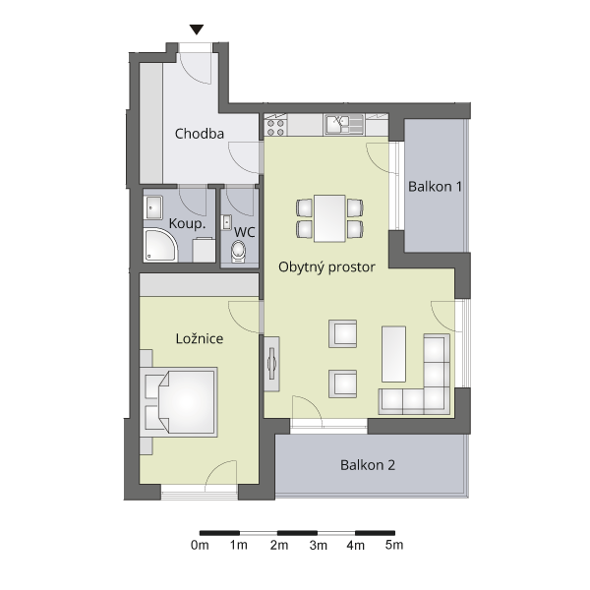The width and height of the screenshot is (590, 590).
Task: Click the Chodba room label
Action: (200, 134)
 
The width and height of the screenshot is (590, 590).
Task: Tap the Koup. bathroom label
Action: (187, 223)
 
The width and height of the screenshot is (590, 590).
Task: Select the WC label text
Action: (245, 232)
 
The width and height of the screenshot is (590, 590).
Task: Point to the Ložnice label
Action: (200, 338)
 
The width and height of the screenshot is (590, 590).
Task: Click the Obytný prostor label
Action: (326, 267)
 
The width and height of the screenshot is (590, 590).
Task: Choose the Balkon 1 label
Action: (435, 186)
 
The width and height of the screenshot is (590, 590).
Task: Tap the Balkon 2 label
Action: (368, 465)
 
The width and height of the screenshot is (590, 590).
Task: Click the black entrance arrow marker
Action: (197, 29)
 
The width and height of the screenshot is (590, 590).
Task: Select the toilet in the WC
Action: (238, 252)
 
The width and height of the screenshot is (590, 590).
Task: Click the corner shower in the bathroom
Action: (160, 245)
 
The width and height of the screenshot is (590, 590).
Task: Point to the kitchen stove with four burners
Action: (275, 127)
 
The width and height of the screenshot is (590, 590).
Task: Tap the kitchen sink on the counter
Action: (344, 125)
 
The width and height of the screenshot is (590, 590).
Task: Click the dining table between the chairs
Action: (329, 218)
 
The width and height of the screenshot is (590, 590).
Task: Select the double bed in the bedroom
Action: (180, 402)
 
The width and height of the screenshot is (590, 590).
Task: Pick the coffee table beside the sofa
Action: (393, 354)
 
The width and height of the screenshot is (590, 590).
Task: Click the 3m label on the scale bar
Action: (318, 545)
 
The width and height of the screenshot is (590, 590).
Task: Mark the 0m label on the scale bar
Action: (200, 545)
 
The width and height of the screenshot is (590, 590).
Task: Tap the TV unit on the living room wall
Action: (271, 364)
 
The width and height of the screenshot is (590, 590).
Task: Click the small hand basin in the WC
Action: (226, 222)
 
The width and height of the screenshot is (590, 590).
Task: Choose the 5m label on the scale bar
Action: (394, 545)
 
